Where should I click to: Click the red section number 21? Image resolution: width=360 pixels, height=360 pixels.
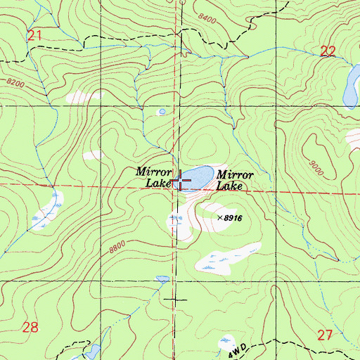[34, 34]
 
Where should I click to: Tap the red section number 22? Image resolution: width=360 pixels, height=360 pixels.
[328, 51]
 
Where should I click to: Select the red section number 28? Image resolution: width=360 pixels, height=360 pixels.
[30, 326]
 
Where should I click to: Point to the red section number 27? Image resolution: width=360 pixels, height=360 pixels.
[324, 335]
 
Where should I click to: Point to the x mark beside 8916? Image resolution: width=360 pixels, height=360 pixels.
[219, 219]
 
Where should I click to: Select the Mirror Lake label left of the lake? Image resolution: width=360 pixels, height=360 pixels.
[154, 176]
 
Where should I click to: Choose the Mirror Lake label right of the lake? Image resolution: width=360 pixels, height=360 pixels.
[234, 180]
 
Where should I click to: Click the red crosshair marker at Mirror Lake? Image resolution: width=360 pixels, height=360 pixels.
[181, 181]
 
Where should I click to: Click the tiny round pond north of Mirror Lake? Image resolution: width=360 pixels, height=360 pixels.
[162, 111]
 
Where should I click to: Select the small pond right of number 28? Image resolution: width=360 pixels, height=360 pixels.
[92, 351]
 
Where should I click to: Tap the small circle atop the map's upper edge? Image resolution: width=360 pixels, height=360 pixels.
[180, 2]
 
